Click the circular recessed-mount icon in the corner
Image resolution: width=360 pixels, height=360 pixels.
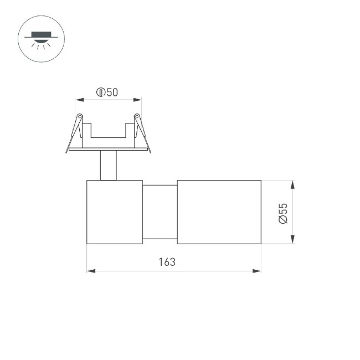pos(42,39)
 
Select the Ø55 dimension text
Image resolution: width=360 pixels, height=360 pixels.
pos(283,213)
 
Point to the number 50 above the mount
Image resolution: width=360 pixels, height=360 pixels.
pos(112,92)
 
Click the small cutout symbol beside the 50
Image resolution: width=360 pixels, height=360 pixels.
pos(101,92)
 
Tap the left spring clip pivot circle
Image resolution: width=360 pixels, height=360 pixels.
pos(80,116)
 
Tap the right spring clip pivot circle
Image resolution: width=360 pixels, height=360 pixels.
pos(136,116)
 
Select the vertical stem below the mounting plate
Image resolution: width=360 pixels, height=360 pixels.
pos(108,165)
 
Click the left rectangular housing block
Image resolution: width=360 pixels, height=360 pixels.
pos(115,212)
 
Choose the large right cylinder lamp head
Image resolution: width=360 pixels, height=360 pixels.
pos(219,212)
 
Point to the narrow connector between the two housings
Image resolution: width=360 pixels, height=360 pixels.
pos(160,212)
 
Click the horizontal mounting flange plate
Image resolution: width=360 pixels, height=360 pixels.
pos(108,149)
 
